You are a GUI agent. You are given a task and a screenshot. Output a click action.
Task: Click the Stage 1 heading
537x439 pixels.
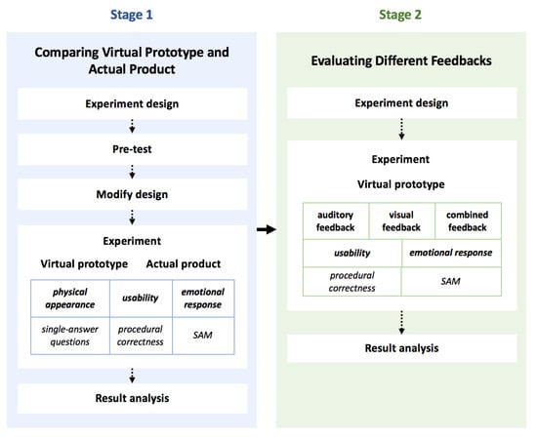[x=132, y=15]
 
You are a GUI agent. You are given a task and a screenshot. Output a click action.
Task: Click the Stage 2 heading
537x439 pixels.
[x=400, y=15]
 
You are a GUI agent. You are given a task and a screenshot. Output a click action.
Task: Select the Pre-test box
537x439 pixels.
[x=133, y=149]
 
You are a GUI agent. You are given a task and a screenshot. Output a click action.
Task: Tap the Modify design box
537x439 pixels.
[x=133, y=194]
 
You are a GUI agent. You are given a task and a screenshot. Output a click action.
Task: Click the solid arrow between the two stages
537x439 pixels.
[x=267, y=229]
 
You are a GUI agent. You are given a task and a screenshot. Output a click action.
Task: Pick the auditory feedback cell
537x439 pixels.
[x=336, y=221]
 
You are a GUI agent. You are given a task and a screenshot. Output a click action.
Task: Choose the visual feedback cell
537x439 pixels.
[x=401, y=221]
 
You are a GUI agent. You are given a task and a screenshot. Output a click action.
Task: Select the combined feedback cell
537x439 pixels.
[x=468, y=221]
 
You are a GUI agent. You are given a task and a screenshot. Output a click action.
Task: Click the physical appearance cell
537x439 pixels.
[x=70, y=299]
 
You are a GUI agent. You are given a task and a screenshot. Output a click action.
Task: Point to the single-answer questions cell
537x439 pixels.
[x=70, y=336]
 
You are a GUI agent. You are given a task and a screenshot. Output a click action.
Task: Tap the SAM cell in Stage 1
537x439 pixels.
[x=203, y=336]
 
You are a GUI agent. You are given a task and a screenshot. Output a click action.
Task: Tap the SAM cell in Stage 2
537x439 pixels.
[x=451, y=282]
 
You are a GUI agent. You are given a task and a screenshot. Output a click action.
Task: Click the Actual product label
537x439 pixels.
[x=184, y=263]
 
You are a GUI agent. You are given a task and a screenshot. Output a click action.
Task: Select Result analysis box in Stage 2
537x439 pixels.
[x=401, y=348]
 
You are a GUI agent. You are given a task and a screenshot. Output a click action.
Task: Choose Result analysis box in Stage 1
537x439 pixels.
[x=133, y=399]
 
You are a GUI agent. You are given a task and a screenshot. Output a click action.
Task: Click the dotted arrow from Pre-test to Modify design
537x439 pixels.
[x=132, y=172]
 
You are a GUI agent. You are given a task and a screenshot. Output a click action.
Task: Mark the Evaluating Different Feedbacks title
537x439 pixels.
[x=401, y=60]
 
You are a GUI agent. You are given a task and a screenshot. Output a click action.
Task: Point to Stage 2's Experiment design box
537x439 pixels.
[x=401, y=103]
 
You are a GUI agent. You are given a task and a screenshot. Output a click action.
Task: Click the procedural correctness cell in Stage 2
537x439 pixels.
[x=352, y=282]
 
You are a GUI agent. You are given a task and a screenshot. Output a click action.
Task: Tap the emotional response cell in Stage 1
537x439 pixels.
[x=203, y=299]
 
